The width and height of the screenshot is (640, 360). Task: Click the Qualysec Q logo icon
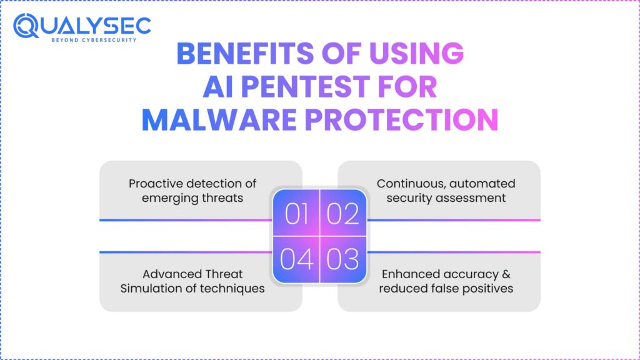pyautogui.click(x=26, y=26)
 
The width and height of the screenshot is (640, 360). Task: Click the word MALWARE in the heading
pyautogui.click(x=219, y=119)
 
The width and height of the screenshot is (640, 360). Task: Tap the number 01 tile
pyautogui.click(x=296, y=213)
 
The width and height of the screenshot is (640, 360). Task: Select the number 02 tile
pyautogui.click(x=343, y=213)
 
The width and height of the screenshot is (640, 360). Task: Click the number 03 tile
pyautogui.click(x=343, y=259)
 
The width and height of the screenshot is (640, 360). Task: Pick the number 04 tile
pyautogui.click(x=296, y=259)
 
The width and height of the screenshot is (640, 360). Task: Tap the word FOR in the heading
pyautogui.click(x=407, y=87)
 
